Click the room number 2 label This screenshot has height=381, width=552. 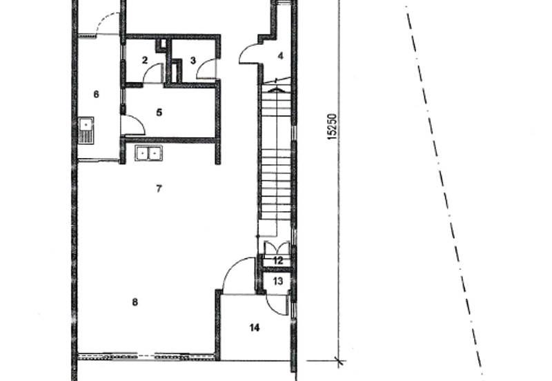145,60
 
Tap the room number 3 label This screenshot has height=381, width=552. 193,61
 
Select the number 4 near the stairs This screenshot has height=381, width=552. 281,56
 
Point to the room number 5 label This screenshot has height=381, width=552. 159,113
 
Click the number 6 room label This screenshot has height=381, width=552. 97,94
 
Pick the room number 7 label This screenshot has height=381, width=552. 159,188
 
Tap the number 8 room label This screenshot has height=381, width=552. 135,302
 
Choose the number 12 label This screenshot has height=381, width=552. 278,261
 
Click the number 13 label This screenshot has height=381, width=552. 278,281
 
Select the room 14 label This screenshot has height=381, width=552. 255,328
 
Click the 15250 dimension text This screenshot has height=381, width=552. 332,126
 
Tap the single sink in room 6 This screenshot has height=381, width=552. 86,130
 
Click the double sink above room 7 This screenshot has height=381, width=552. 148,153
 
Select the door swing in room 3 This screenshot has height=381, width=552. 202,63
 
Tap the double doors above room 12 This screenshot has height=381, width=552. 277,248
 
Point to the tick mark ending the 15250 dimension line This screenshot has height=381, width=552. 339,360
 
